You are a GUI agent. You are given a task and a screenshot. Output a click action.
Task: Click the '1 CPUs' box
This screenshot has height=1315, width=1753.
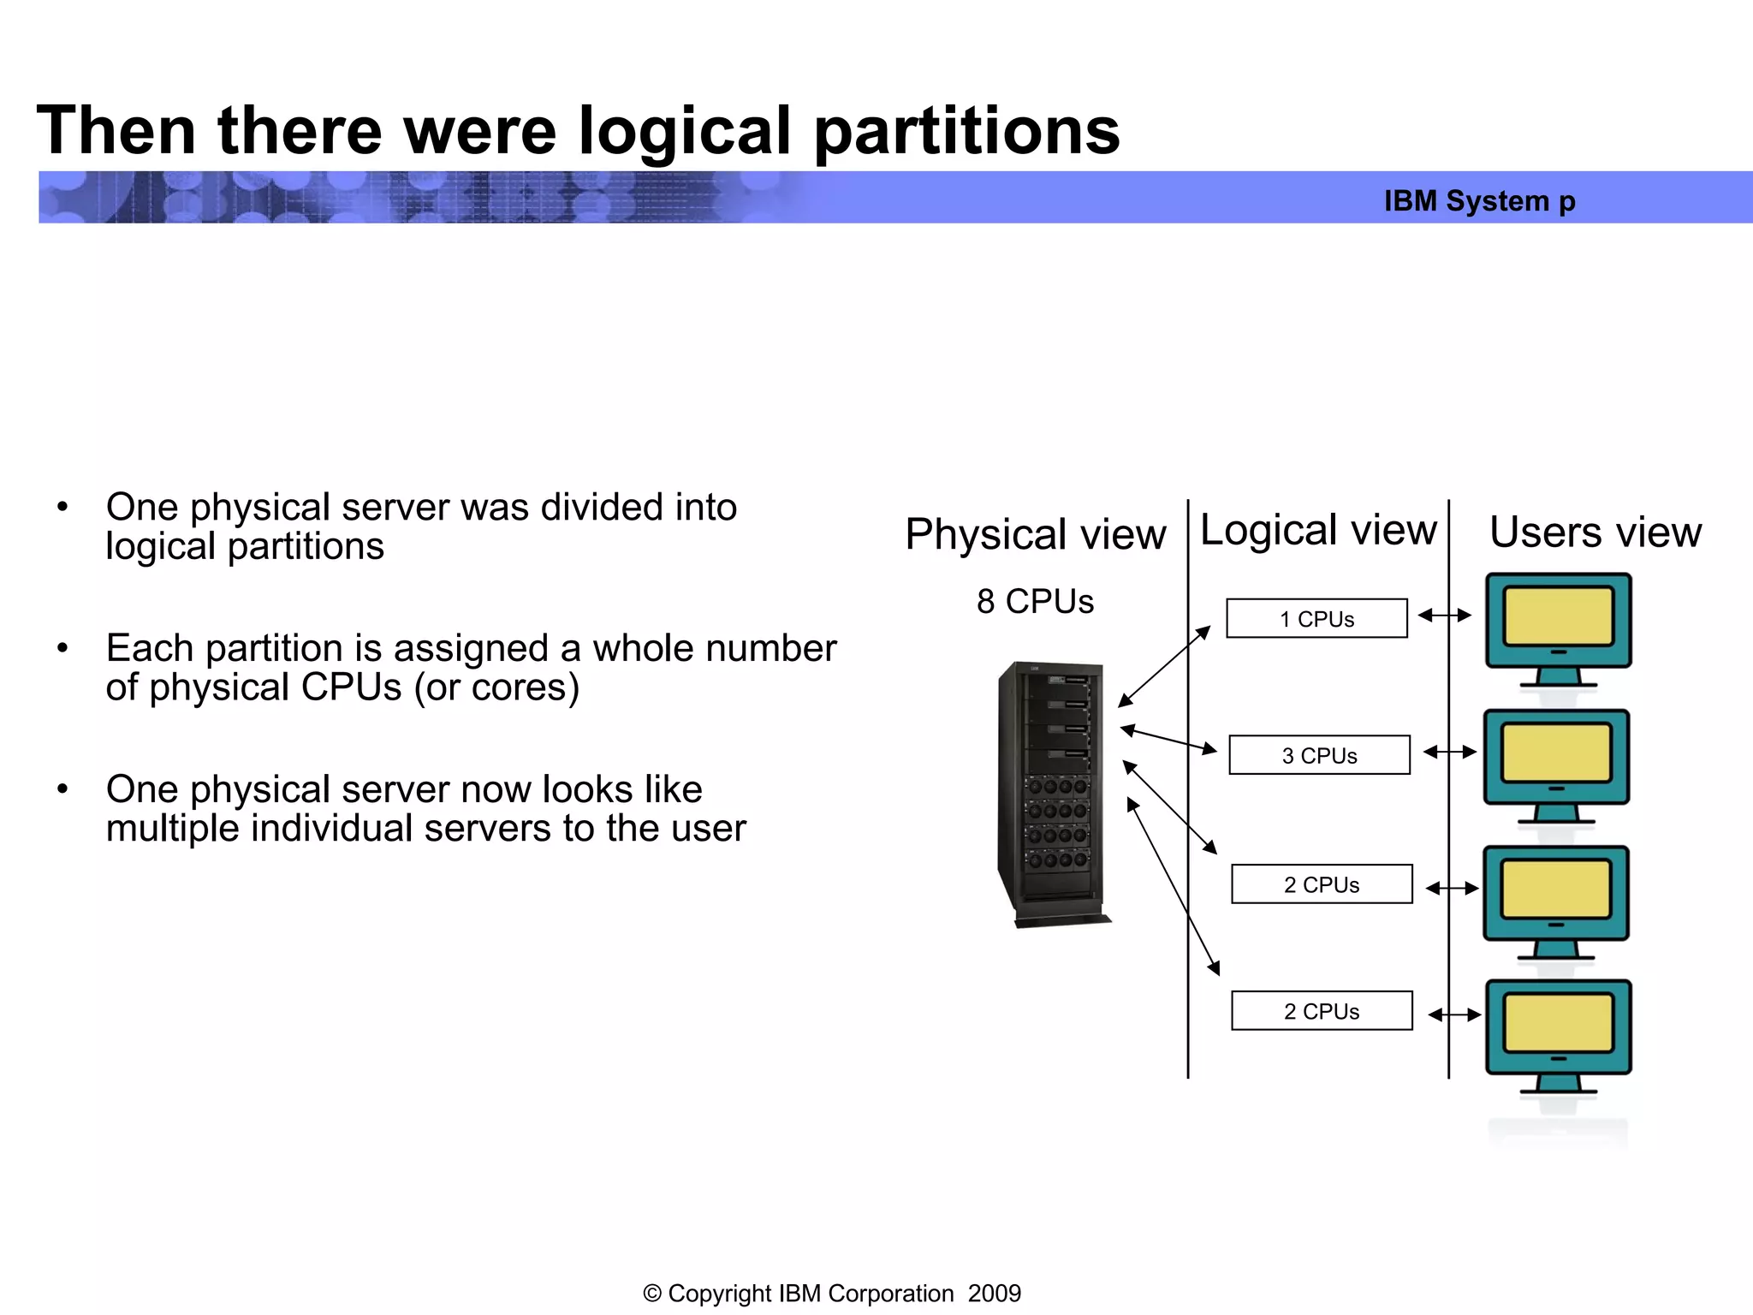[x=1316, y=618]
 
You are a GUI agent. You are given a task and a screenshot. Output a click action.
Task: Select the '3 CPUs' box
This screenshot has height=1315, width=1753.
[x=1319, y=755]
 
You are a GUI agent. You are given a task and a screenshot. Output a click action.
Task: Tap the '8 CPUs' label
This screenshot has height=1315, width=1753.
[x=1035, y=602]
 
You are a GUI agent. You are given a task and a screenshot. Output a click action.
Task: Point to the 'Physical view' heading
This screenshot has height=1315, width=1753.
[x=1035, y=534]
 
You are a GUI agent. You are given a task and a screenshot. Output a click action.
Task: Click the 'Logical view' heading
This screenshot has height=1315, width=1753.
[x=1318, y=530]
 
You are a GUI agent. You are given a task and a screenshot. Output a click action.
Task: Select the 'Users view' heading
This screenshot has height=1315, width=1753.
[x=1595, y=533]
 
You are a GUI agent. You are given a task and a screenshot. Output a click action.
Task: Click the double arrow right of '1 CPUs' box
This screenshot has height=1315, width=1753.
[x=1444, y=615]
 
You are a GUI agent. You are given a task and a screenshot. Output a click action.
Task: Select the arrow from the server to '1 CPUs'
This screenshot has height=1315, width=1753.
[x=1164, y=666]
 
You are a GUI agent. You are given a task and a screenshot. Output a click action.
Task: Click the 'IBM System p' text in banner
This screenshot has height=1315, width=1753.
[x=1479, y=201]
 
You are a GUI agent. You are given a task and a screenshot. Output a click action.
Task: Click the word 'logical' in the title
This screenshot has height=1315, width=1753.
[x=684, y=131]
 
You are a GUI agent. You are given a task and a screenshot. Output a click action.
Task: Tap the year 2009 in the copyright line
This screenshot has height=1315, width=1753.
[x=994, y=1293]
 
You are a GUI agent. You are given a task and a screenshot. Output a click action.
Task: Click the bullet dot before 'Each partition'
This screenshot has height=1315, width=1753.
[x=62, y=648]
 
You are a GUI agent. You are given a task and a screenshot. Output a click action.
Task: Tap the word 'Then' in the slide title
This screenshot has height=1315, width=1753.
[x=116, y=131]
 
